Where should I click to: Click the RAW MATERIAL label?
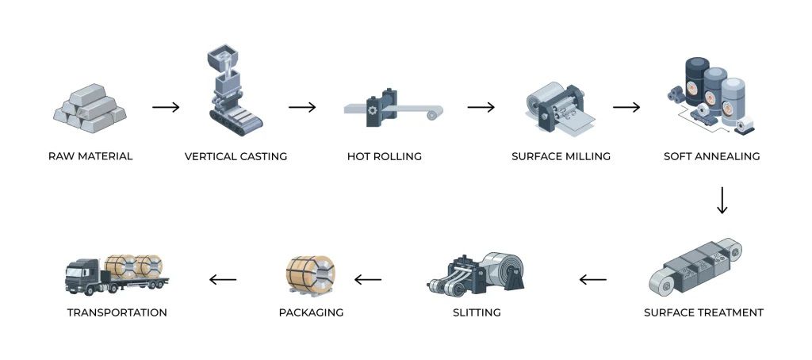click(90, 156)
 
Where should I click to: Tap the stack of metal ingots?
click(90, 109)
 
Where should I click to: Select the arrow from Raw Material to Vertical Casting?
click(166, 107)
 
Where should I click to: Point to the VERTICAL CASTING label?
click(236, 156)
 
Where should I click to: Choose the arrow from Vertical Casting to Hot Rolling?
click(302, 107)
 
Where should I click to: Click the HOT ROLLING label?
click(385, 156)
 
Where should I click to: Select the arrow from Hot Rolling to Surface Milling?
click(481, 107)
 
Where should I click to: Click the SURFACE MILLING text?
click(561, 156)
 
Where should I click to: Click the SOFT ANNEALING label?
click(711, 156)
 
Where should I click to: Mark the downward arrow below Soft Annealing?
click(722, 200)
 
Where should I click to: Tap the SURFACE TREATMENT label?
click(703, 312)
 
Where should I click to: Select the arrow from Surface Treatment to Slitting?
click(592, 279)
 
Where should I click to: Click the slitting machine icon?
click(476, 275)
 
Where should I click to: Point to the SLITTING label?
click(477, 312)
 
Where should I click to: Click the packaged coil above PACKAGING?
click(310, 274)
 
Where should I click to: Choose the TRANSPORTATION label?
click(117, 312)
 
